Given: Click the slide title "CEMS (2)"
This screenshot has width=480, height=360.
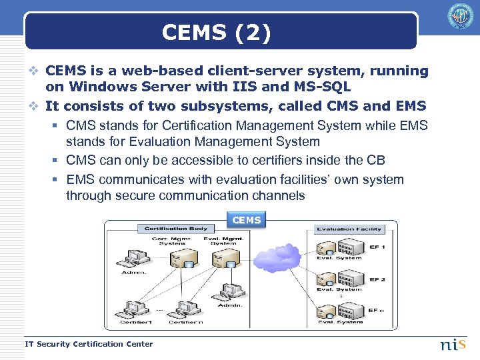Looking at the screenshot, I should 217,33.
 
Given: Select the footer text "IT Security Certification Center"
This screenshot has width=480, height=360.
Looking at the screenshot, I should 89,344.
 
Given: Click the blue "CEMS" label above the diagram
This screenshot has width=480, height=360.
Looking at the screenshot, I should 247,220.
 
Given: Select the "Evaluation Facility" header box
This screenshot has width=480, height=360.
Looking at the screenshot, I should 349,229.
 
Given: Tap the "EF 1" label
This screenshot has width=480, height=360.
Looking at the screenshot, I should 377,248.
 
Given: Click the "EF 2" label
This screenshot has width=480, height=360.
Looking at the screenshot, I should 377,280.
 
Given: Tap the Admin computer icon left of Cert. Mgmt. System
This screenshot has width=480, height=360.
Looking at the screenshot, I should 128,257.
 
